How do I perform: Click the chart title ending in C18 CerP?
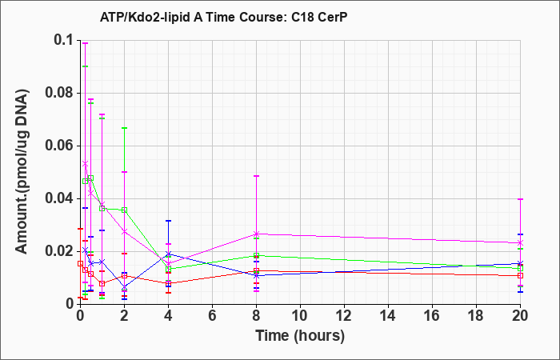pos(223,17)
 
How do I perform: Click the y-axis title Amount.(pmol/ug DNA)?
pos(22,173)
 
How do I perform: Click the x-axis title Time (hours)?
pos(300,336)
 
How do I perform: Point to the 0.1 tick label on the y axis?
pos(66,40)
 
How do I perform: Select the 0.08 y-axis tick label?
pos(61,93)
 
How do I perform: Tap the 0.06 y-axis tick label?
pos(61,146)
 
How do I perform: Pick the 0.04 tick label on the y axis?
pos(61,198)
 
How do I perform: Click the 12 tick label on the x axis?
pos(344,316)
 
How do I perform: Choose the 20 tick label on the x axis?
pos(520,316)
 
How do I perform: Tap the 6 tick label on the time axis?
pos(213,316)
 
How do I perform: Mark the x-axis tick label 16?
pos(432,316)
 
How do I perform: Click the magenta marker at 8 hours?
pos(257,234)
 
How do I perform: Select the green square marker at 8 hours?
pos(257,256)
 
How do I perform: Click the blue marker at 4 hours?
pos(169,254)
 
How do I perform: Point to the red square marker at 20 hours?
pos(520,276)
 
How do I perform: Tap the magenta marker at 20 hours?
pos(520,243)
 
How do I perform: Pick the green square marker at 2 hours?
pos(124,210)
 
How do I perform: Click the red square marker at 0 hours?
pos(80,263)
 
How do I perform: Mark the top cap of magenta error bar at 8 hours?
pos(257,176)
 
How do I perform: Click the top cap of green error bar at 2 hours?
pos(124,128)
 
